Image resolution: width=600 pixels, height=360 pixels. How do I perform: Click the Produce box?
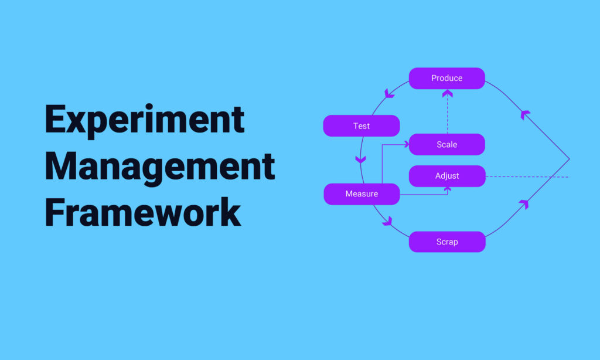pos(447,79)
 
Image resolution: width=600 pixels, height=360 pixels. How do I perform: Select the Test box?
pos(362,125)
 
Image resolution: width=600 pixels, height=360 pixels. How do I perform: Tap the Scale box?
pos(447,144)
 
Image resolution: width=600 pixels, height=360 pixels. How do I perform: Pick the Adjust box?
pos(447,176)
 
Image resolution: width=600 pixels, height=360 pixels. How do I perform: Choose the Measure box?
pos(362,194)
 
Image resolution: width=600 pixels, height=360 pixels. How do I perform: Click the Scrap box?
pos(447,242)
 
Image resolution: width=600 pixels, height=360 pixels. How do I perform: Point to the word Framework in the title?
pos(143,212)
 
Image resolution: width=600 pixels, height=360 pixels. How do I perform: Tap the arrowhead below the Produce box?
pos(448,93)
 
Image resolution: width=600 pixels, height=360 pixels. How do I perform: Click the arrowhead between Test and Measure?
pos(360,159)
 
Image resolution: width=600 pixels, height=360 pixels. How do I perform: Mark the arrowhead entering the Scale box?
pos(407,144)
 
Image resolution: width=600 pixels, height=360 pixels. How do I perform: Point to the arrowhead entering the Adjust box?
pos(447,189)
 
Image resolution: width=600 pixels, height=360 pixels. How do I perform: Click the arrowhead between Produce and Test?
pos(388,93)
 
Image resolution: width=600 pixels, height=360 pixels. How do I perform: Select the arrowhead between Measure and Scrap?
pos(388,222)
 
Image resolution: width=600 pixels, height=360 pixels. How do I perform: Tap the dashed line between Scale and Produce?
pos(448,116)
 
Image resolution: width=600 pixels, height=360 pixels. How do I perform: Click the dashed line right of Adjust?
pos(528,177)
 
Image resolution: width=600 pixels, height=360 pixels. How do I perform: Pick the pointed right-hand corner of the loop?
pos(570,159)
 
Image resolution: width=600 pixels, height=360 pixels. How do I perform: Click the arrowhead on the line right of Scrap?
pos(524,203)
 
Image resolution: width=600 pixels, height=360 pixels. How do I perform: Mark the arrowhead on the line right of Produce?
pos(524,114)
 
